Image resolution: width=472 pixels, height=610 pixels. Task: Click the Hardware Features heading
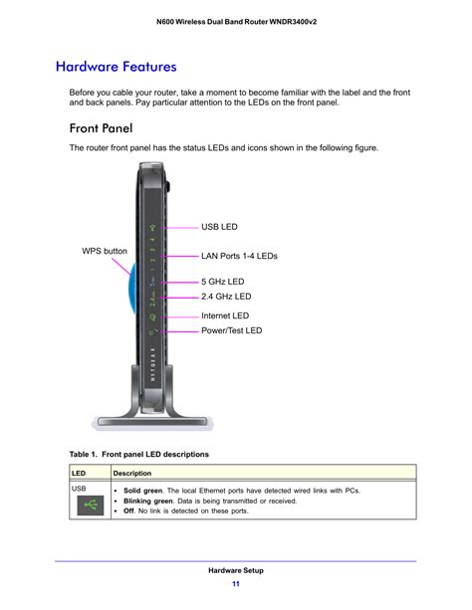tap(116, 67)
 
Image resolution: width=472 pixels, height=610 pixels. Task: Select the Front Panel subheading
tap(101, 127)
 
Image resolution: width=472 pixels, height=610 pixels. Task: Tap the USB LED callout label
tap(220, 227)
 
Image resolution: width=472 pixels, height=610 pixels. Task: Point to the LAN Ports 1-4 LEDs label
tap(239, 256)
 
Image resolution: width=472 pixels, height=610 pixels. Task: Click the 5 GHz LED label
tap(222, 283)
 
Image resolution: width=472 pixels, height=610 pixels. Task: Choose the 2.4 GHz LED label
tap(226, 297)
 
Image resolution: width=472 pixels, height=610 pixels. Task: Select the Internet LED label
tap(225, 316)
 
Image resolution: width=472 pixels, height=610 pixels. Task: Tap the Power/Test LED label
tap(231, 330)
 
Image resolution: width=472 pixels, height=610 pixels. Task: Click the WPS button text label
tap(105, 251)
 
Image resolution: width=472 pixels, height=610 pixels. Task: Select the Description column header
tap(132, 473)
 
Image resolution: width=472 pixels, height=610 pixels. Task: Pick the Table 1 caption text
tap(138, 454)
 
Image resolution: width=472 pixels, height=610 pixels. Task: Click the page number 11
tap(235, 583)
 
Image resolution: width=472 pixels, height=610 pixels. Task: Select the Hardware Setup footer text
tap(236, 570)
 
